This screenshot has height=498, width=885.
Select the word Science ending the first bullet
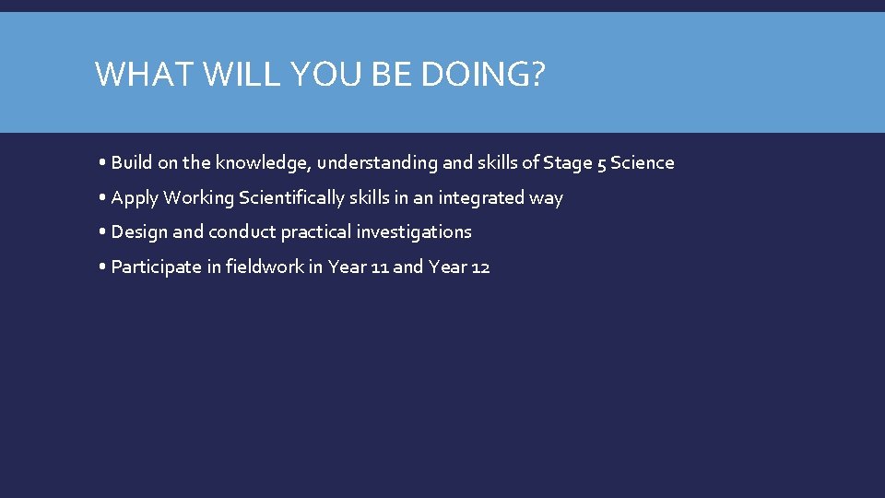[x=642, y=163]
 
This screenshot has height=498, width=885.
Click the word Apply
[x=135, y=198]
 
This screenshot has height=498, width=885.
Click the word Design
[x=139, y=232]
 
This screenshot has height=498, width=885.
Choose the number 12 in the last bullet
[x=479, y=267]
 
